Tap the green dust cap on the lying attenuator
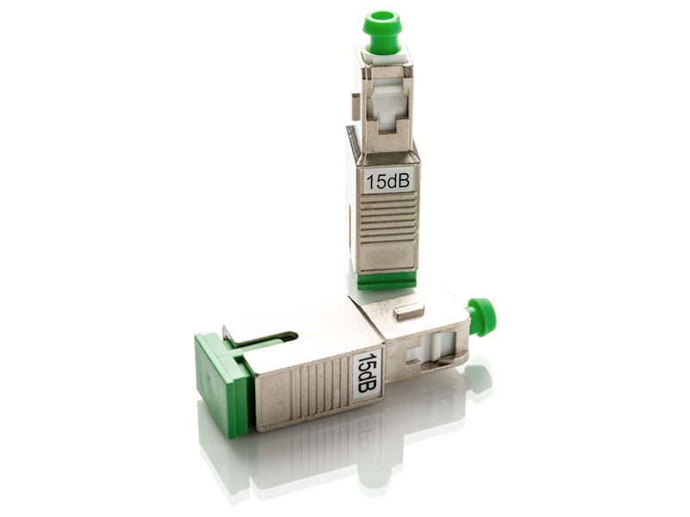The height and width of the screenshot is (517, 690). (x=481, y=315)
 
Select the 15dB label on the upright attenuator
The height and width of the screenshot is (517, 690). (x=387, y=180)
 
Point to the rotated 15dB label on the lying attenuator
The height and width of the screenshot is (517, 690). (x=367, y=372)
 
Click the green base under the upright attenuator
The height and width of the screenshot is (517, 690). (x=387, y=281)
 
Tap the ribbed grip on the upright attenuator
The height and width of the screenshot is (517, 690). (x=387, y=220)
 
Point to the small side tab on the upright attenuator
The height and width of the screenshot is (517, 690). (x=354, y=106)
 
